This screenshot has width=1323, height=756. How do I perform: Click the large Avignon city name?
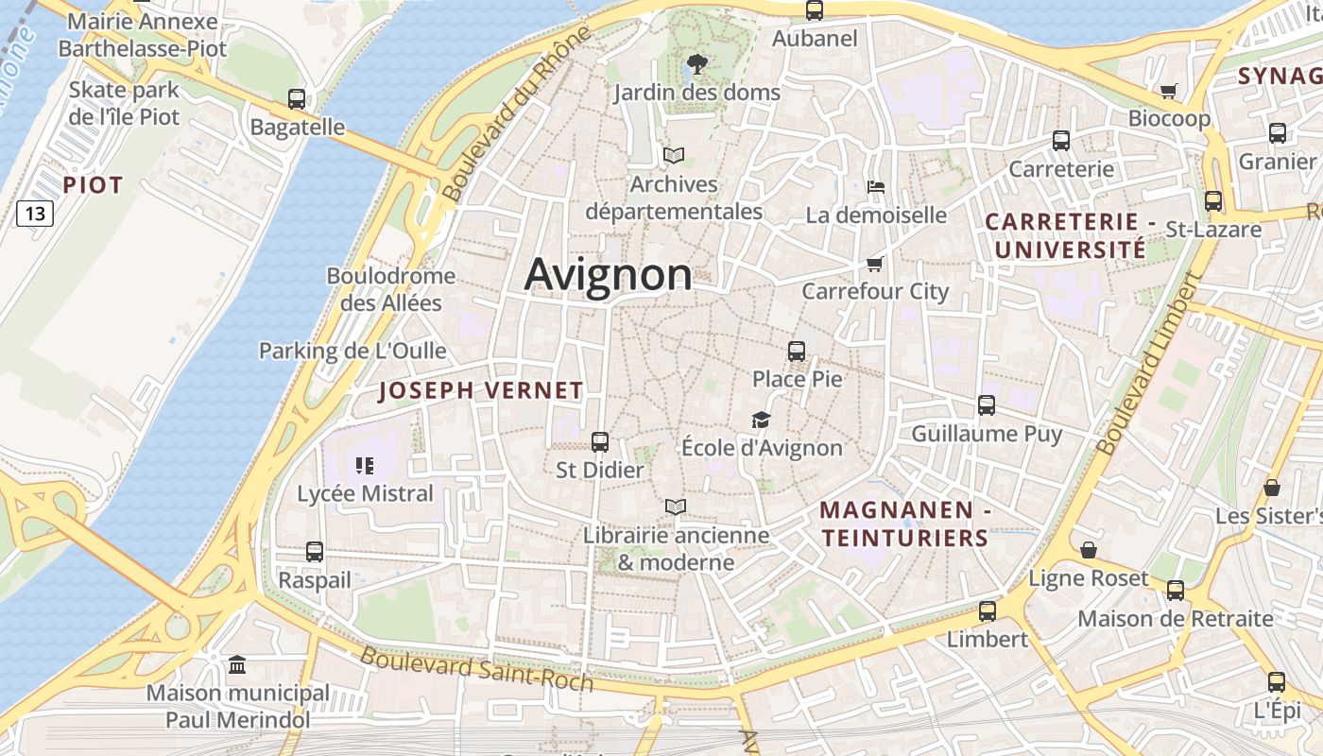[x=608, y=275]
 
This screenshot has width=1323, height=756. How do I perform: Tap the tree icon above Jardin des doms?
[x=697, y=64]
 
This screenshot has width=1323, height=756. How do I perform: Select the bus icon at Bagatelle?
[x=297, y=98]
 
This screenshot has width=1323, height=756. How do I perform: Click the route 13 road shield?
[x=35, y=214]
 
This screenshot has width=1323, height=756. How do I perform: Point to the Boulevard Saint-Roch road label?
[x=476, y=669]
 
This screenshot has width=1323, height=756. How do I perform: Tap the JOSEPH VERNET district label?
[x=481, y=390]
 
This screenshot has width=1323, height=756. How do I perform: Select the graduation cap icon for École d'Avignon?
[x=761, y=420]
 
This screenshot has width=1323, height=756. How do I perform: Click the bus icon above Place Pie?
[x=797, y=352]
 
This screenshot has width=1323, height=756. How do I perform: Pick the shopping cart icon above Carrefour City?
[x=874, y=264]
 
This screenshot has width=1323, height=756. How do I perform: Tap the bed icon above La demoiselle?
[x=876, y=187]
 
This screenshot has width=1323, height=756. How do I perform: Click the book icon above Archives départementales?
[x=673, y=155]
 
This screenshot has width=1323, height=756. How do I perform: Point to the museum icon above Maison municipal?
[x=237, y=665]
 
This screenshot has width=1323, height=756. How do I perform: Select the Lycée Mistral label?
[x=365, y=493]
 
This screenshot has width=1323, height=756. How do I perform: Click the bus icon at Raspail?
[x=315, y=551]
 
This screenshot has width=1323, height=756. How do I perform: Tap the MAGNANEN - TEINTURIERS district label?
[x=904, y=524]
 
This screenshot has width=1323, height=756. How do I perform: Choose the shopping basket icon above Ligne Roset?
[x=1089, y=550]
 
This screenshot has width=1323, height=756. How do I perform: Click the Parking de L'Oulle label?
[x=352, y=351]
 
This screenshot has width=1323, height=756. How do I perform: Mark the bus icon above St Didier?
[x=599, y=441]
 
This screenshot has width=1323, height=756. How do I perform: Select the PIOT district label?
[x=93, y=185]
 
